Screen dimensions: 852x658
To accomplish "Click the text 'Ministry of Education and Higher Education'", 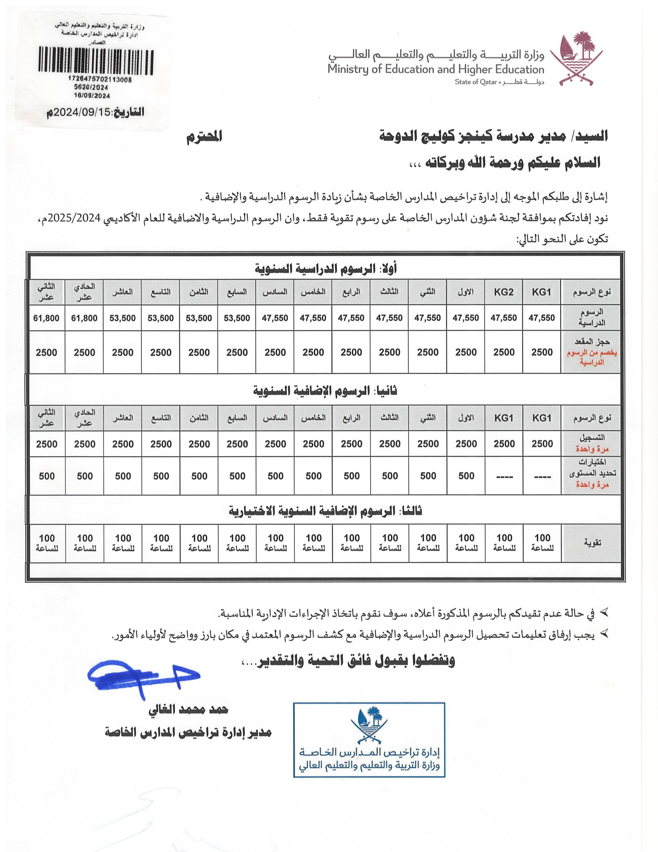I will click(x=435, y=70).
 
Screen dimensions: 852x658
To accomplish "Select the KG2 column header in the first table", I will click(x=503, y=292).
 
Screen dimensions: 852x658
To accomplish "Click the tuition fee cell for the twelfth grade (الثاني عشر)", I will click(x=47, y=318).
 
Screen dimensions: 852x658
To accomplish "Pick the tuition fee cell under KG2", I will click(x=503, y=318).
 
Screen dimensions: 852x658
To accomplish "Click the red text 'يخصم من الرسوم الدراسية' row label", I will click(x=591, y=357).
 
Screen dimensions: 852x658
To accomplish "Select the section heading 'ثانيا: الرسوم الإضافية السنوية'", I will click(x=325, y=390).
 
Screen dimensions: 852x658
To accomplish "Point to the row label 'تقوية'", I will click(x=591, y=542).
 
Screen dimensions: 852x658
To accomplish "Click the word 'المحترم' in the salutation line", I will click(x=204, y=137).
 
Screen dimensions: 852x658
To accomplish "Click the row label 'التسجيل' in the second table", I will click(x=591, y=438).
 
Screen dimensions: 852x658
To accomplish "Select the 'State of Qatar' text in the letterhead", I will click(x=475, y=82).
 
